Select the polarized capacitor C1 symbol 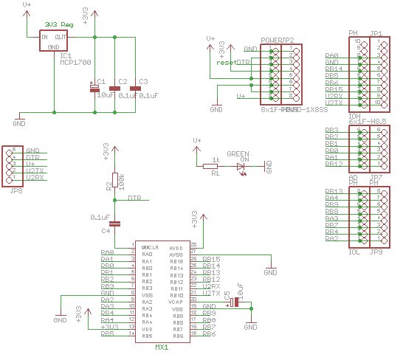coord(94,88)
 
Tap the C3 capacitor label coord(143,80)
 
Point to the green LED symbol coord(241,167)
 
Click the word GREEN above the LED coord(238,153)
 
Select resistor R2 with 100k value coord(114,181)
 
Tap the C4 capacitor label coord(106,231)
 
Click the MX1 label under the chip coord(162,346)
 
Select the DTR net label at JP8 coord(32,157)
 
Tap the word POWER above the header coord(270,38)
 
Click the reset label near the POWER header coord(224,62)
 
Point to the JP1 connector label coord(376,33)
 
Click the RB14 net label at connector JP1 coord(334,69)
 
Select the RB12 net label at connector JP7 coord(334,163)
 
